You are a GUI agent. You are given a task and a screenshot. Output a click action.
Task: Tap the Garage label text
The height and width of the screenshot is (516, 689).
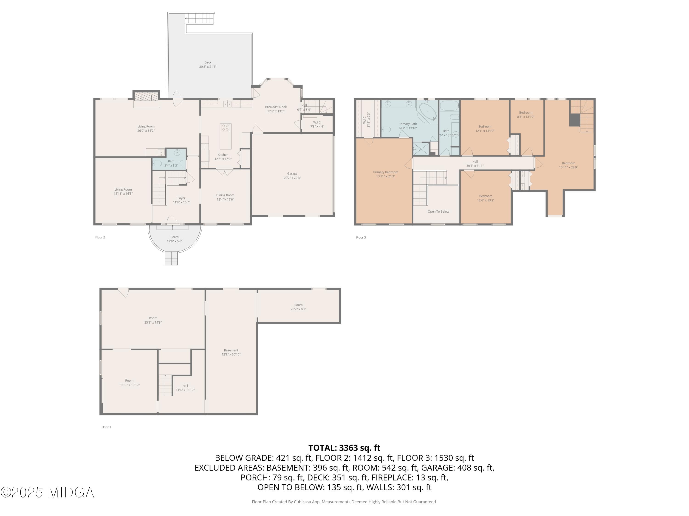292,174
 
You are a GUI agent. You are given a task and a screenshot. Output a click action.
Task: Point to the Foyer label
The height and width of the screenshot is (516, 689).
181,198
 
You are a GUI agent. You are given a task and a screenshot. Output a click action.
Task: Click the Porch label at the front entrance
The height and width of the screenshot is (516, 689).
174,237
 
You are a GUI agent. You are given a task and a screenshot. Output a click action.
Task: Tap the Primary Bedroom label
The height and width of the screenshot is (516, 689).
386,172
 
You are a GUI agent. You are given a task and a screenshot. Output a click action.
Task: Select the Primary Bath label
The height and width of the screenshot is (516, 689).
408,124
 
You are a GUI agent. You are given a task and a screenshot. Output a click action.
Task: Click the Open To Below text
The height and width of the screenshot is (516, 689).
438,211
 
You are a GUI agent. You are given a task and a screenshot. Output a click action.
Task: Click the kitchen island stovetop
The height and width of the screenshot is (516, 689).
226,128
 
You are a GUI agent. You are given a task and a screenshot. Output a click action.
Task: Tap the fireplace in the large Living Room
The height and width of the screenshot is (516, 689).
146,97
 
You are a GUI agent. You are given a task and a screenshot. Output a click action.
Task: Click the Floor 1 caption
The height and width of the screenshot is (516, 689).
106,427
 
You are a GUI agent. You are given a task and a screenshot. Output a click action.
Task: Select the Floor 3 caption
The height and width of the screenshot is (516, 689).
361,237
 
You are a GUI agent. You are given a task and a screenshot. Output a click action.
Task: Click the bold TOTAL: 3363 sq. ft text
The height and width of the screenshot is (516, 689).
344,448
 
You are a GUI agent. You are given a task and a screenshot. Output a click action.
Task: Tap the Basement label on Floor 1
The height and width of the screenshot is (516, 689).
231,350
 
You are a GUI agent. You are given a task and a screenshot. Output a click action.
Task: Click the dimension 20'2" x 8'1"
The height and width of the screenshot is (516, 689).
298,309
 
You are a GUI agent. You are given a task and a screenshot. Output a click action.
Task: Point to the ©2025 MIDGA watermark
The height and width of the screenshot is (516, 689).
47,492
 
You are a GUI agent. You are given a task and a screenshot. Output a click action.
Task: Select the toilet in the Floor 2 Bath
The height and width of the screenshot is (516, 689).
158,163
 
